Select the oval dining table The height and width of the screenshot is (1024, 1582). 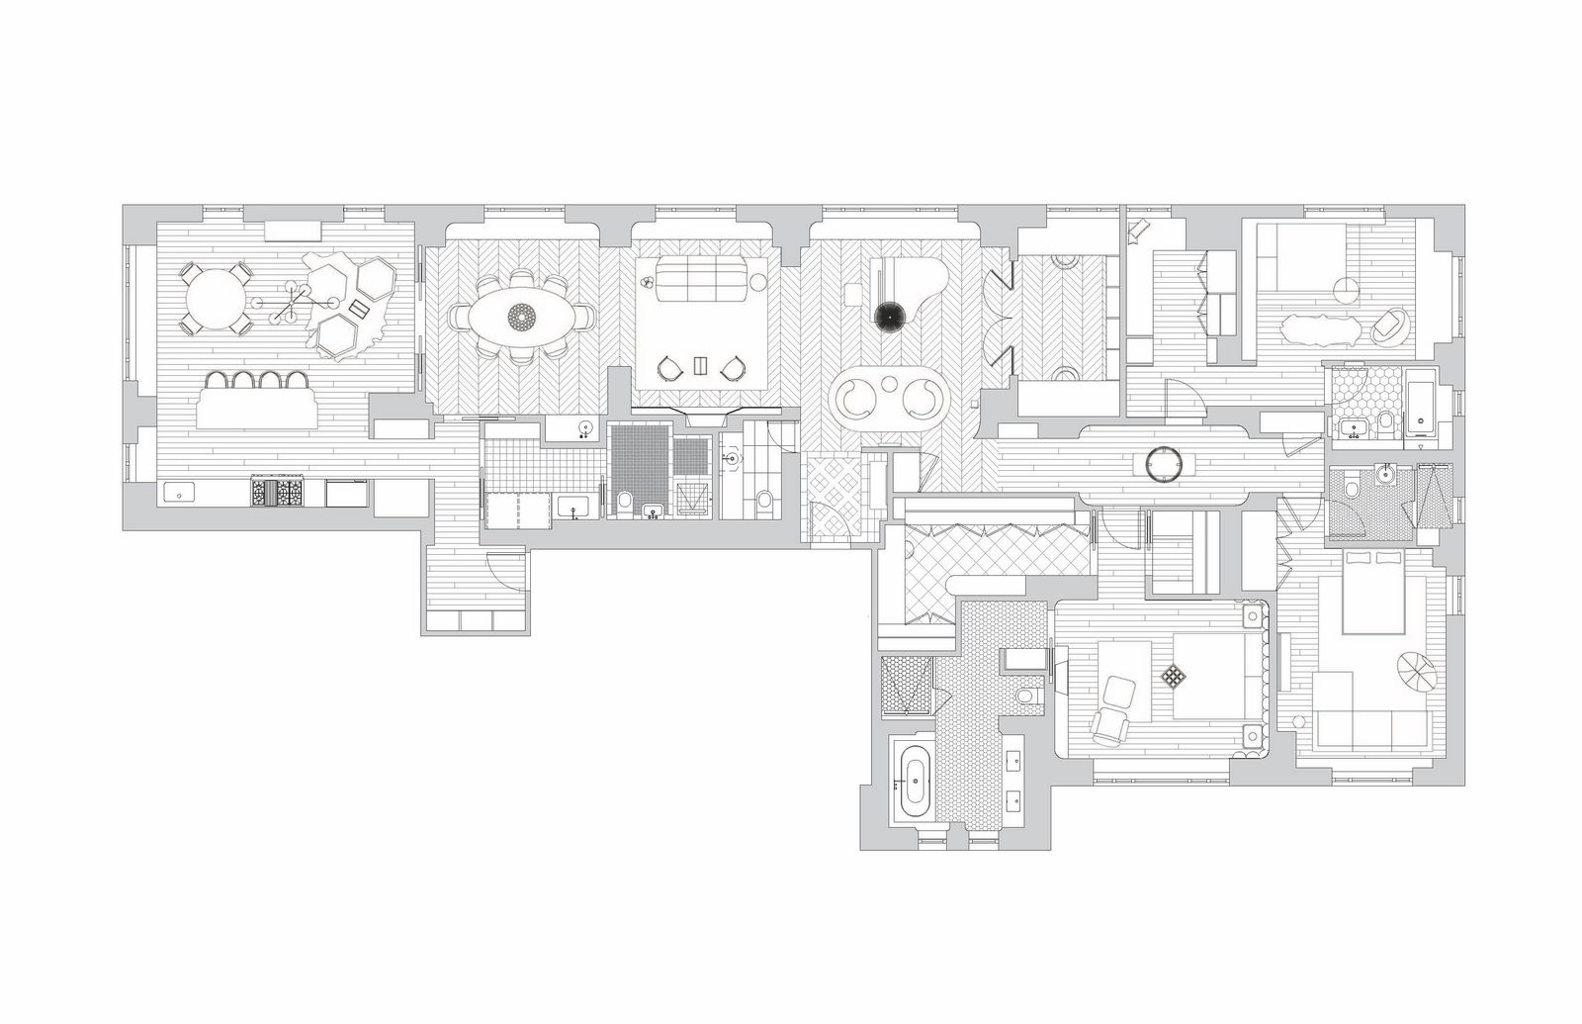tap(520, 317)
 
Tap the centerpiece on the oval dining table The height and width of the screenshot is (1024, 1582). tap(520, 317)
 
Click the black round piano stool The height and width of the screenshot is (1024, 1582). tap(889, 316)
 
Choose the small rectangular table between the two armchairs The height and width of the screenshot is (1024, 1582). tap(702, 366)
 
